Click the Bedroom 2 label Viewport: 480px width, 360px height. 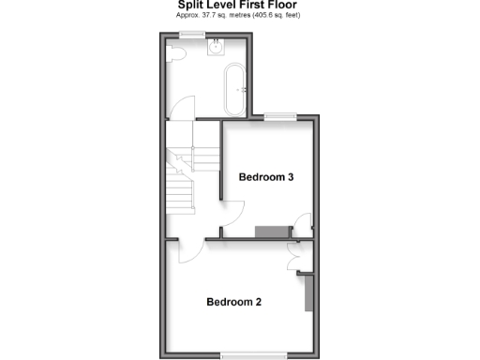click(x=233, y=302)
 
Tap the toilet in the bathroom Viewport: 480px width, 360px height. click(x=175, y=55)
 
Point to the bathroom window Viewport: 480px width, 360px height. click(x=194, y=34)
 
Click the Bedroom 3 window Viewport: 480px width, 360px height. click(x=278, y=116)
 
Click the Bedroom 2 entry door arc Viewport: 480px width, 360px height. click(x=185, y=250)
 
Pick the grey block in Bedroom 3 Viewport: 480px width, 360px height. click(x=273, y=232)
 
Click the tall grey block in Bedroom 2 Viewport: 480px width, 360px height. click(x=306, y=292)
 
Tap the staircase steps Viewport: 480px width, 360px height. click(x=182, y=178)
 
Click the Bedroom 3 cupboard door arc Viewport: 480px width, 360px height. click(x=301, y=224)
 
